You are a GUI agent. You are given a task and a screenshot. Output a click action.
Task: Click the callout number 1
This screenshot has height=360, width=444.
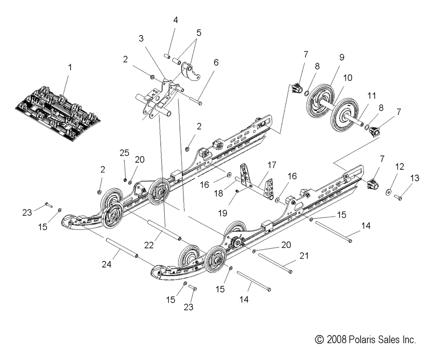pos(69,68)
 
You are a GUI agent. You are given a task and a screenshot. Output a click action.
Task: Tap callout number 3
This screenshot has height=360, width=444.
pos(141,38)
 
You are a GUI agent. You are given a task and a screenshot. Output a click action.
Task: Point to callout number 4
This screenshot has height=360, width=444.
pos(175,20)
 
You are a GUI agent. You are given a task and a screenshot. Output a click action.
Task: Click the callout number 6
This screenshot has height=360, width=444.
pos(216,63)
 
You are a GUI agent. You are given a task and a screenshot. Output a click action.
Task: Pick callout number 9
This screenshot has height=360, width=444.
pos(341,57)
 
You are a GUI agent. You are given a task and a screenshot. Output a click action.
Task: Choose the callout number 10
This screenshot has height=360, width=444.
pos(348,77)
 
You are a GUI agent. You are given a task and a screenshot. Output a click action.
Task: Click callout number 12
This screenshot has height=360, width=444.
pos(400,167)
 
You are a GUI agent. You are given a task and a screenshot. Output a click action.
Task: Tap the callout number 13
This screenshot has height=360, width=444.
pos(414,178)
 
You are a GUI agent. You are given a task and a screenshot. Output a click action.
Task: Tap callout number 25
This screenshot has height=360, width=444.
pos(124,152)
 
